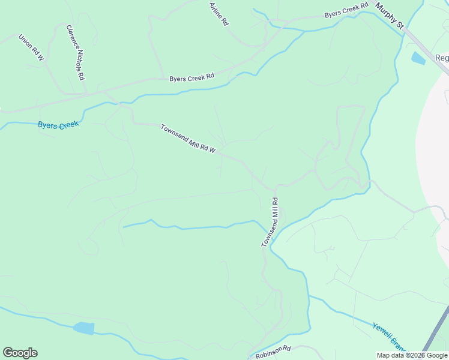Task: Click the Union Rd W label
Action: (x=31, y=47)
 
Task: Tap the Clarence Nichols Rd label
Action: (x=76, y=53)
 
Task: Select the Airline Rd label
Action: (x=219, y=13)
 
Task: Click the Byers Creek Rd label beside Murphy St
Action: (x=346, y=11)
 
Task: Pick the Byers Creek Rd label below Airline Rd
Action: (x=191, y=78)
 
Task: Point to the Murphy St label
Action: (x=390, y=16)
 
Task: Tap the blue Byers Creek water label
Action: (x=58, y=124)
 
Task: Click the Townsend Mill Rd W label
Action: (x=188, y=139)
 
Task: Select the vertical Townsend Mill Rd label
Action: (x=271, y=223)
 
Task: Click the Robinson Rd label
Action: (x=273, y=352)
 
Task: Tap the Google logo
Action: (x=20, y=353)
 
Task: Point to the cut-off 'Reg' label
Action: (x=442, y=58)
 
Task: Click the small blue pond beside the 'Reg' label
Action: (x=418, y=58)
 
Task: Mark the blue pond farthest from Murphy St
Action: (x=83, y=328)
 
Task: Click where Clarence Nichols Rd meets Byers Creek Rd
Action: (x=88, y=94)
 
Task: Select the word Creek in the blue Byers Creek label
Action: (x=68, y=124)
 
